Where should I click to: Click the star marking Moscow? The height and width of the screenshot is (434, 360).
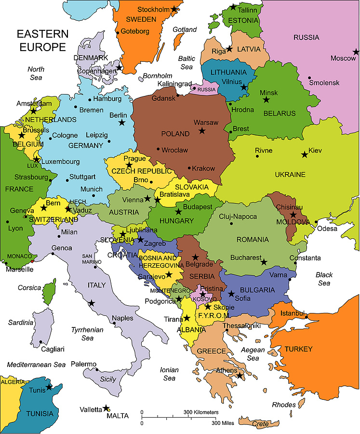pos(356,52)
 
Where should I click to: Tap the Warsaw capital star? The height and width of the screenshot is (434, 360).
pos(202,131)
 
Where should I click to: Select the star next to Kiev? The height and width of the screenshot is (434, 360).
pos(304,155)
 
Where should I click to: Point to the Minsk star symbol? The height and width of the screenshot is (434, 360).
pos(266,100)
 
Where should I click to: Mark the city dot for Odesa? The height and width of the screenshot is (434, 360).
pos(316,222)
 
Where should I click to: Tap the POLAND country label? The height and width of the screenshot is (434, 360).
pos(175,134)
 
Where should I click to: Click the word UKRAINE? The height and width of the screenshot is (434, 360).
pos(290,174)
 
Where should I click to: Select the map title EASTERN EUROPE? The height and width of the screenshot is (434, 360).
pos(42,41)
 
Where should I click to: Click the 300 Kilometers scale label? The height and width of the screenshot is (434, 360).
pos(200,412)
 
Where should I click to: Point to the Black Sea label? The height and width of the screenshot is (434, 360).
pos(324,279)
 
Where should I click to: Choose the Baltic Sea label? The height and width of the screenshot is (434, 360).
pos(187,63)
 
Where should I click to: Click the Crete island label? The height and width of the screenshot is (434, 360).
pos(260,424)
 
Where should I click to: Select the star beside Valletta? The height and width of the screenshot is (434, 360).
pos(106,408)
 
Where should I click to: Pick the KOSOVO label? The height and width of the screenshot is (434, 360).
pos(204,299)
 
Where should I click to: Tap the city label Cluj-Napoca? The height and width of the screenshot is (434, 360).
pos(238,217)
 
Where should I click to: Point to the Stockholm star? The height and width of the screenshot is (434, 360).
pos(174,9)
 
